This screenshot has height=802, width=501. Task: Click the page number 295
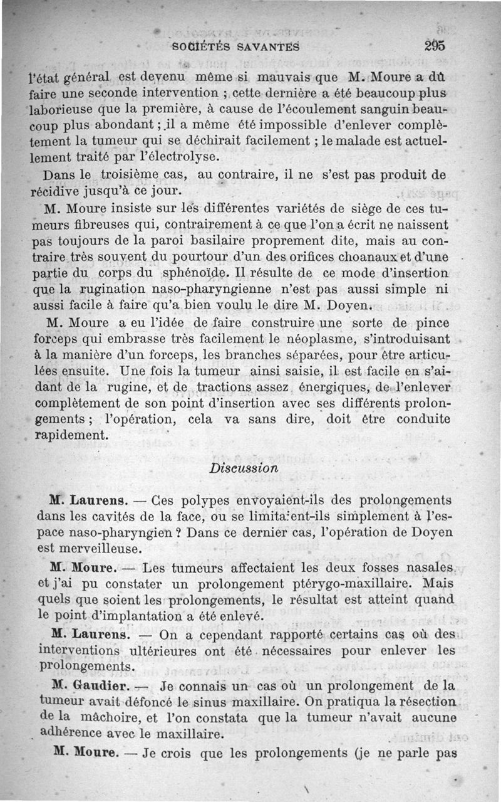[433, 45]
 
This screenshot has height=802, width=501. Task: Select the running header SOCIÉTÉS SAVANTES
[237, 46]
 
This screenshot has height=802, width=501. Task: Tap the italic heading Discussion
[244, 468]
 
